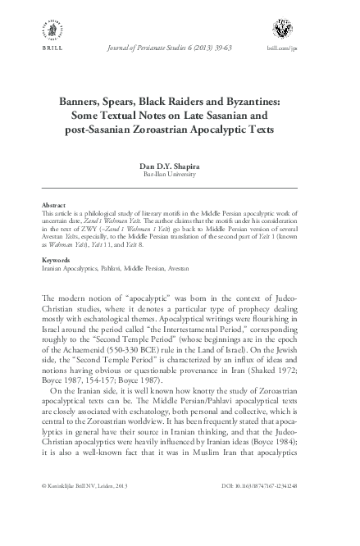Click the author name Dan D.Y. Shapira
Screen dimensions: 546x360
[x=179, y=166]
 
